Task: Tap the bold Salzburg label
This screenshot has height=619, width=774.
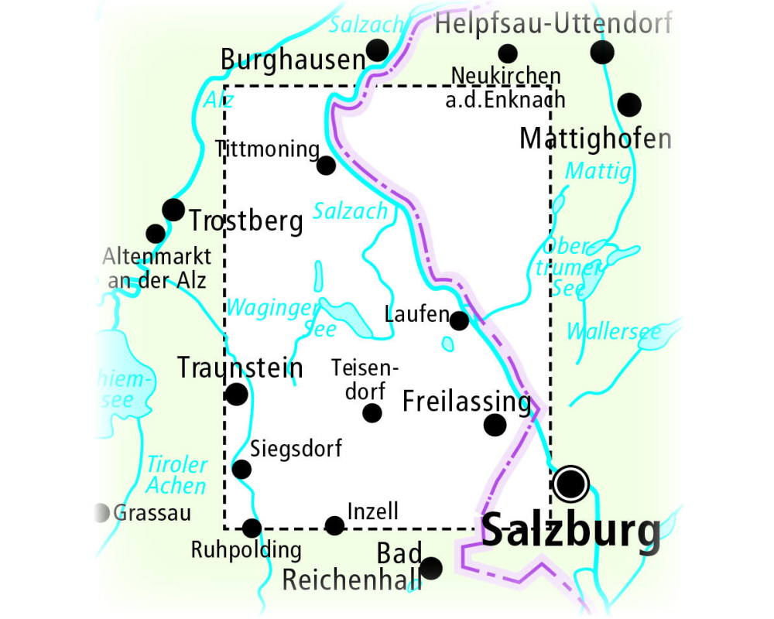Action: (x=571, y=532)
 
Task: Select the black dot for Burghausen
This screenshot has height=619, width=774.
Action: (x=377, y=51)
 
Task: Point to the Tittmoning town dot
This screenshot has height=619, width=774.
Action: (x=327, y=165)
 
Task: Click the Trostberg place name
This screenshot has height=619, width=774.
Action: (x=246, y=221)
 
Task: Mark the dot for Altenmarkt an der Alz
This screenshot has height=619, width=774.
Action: (x=156, y=233)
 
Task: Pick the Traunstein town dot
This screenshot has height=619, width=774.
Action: (x=236, y=395)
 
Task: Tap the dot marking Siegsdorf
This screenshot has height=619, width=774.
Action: (x=241, y=469)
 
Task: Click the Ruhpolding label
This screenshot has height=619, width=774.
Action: (x=246, y=550)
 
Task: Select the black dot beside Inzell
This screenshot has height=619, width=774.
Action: (x=334, y=526)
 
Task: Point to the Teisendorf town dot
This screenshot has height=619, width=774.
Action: (x=372, y=413)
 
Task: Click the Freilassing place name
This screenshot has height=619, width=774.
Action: (x=467, y=402)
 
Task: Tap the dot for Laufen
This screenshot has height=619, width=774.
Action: (x=459, y=320)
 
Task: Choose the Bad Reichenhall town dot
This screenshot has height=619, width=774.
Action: (x=430, y=568)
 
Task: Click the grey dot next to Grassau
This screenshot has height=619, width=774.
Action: (x=101, y=512)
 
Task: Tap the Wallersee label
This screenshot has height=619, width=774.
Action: (x=614, y=332)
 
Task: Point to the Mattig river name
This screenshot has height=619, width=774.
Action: (x=598, y=171)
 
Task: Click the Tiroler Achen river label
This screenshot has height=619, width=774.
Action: (x=176, y=475)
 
